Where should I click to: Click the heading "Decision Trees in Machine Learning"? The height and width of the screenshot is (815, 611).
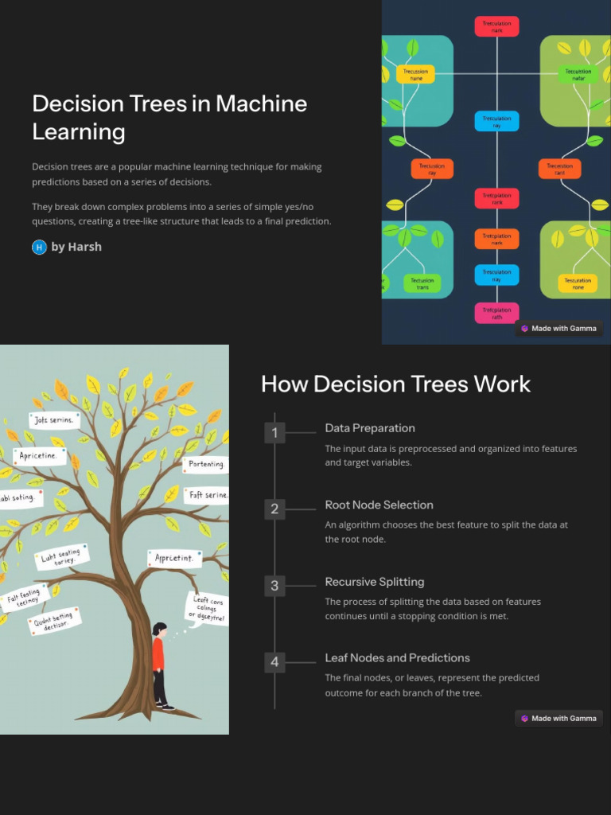169,117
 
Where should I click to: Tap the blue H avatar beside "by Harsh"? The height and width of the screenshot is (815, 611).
39,247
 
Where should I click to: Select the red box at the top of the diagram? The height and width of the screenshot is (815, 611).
497,26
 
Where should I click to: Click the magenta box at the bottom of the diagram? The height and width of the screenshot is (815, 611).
497,313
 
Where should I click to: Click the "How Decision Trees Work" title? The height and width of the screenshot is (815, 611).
395,384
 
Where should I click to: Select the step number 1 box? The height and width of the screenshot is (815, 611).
274,433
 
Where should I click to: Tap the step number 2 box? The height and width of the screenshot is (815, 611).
274,509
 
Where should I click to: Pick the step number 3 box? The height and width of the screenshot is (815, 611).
274,586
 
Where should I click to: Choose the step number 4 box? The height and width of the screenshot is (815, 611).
274,662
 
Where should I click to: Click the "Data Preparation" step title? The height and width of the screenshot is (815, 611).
370,428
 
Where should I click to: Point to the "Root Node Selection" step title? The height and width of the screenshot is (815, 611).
379,505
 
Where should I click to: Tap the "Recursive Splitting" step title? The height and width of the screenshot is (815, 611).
375,582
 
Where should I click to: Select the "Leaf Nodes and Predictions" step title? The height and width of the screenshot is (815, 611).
397,658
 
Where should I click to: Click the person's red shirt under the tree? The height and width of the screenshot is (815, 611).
158,655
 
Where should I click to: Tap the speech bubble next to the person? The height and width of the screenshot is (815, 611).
206,609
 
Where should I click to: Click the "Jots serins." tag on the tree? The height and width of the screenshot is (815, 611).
54,419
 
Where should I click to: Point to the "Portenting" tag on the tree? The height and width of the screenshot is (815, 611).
206,464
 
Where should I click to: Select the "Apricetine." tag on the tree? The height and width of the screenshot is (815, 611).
40,456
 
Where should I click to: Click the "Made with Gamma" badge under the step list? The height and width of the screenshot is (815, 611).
558,718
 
